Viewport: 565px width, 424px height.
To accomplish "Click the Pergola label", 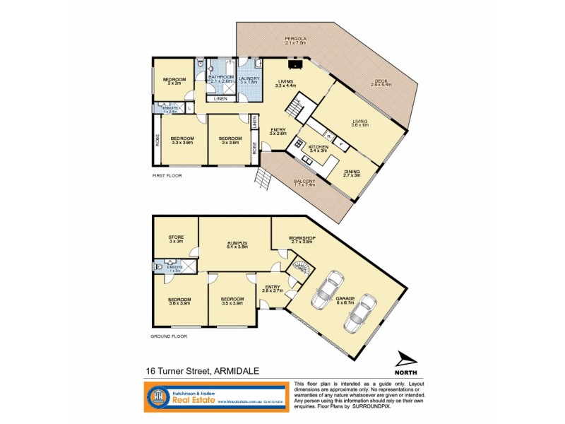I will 296,40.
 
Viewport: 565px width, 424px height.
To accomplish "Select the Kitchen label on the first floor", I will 319,148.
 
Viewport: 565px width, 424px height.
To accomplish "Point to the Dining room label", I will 352,174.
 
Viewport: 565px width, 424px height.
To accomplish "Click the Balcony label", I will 305,182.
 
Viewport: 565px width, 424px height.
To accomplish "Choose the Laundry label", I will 250,80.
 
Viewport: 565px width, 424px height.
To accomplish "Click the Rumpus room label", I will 233,245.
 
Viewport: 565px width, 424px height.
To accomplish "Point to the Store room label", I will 175,239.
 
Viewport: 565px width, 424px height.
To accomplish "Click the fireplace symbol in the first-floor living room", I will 297,65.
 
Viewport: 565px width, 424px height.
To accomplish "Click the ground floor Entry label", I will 272,288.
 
